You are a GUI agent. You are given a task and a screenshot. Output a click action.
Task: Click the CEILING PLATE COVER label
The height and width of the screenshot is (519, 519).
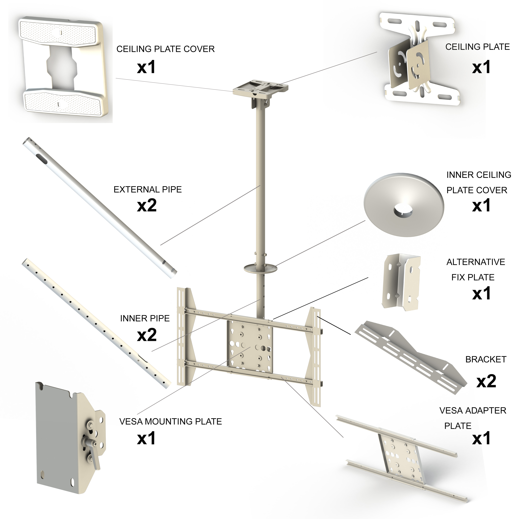click(166, 49)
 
